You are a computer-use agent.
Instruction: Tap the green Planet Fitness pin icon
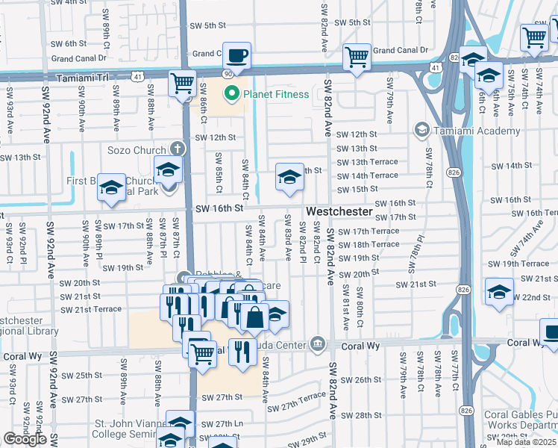232,94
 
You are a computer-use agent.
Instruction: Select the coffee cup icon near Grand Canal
236,56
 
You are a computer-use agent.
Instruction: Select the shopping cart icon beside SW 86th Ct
183,84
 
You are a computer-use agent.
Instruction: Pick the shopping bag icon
254,317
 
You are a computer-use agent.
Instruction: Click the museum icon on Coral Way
319,343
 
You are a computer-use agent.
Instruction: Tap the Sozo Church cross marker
177,148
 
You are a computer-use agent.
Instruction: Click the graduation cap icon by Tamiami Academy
421,131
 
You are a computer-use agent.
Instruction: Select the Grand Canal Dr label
401,50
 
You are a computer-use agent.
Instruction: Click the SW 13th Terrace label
367,162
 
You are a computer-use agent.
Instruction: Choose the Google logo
23,439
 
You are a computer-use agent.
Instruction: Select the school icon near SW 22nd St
499,292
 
